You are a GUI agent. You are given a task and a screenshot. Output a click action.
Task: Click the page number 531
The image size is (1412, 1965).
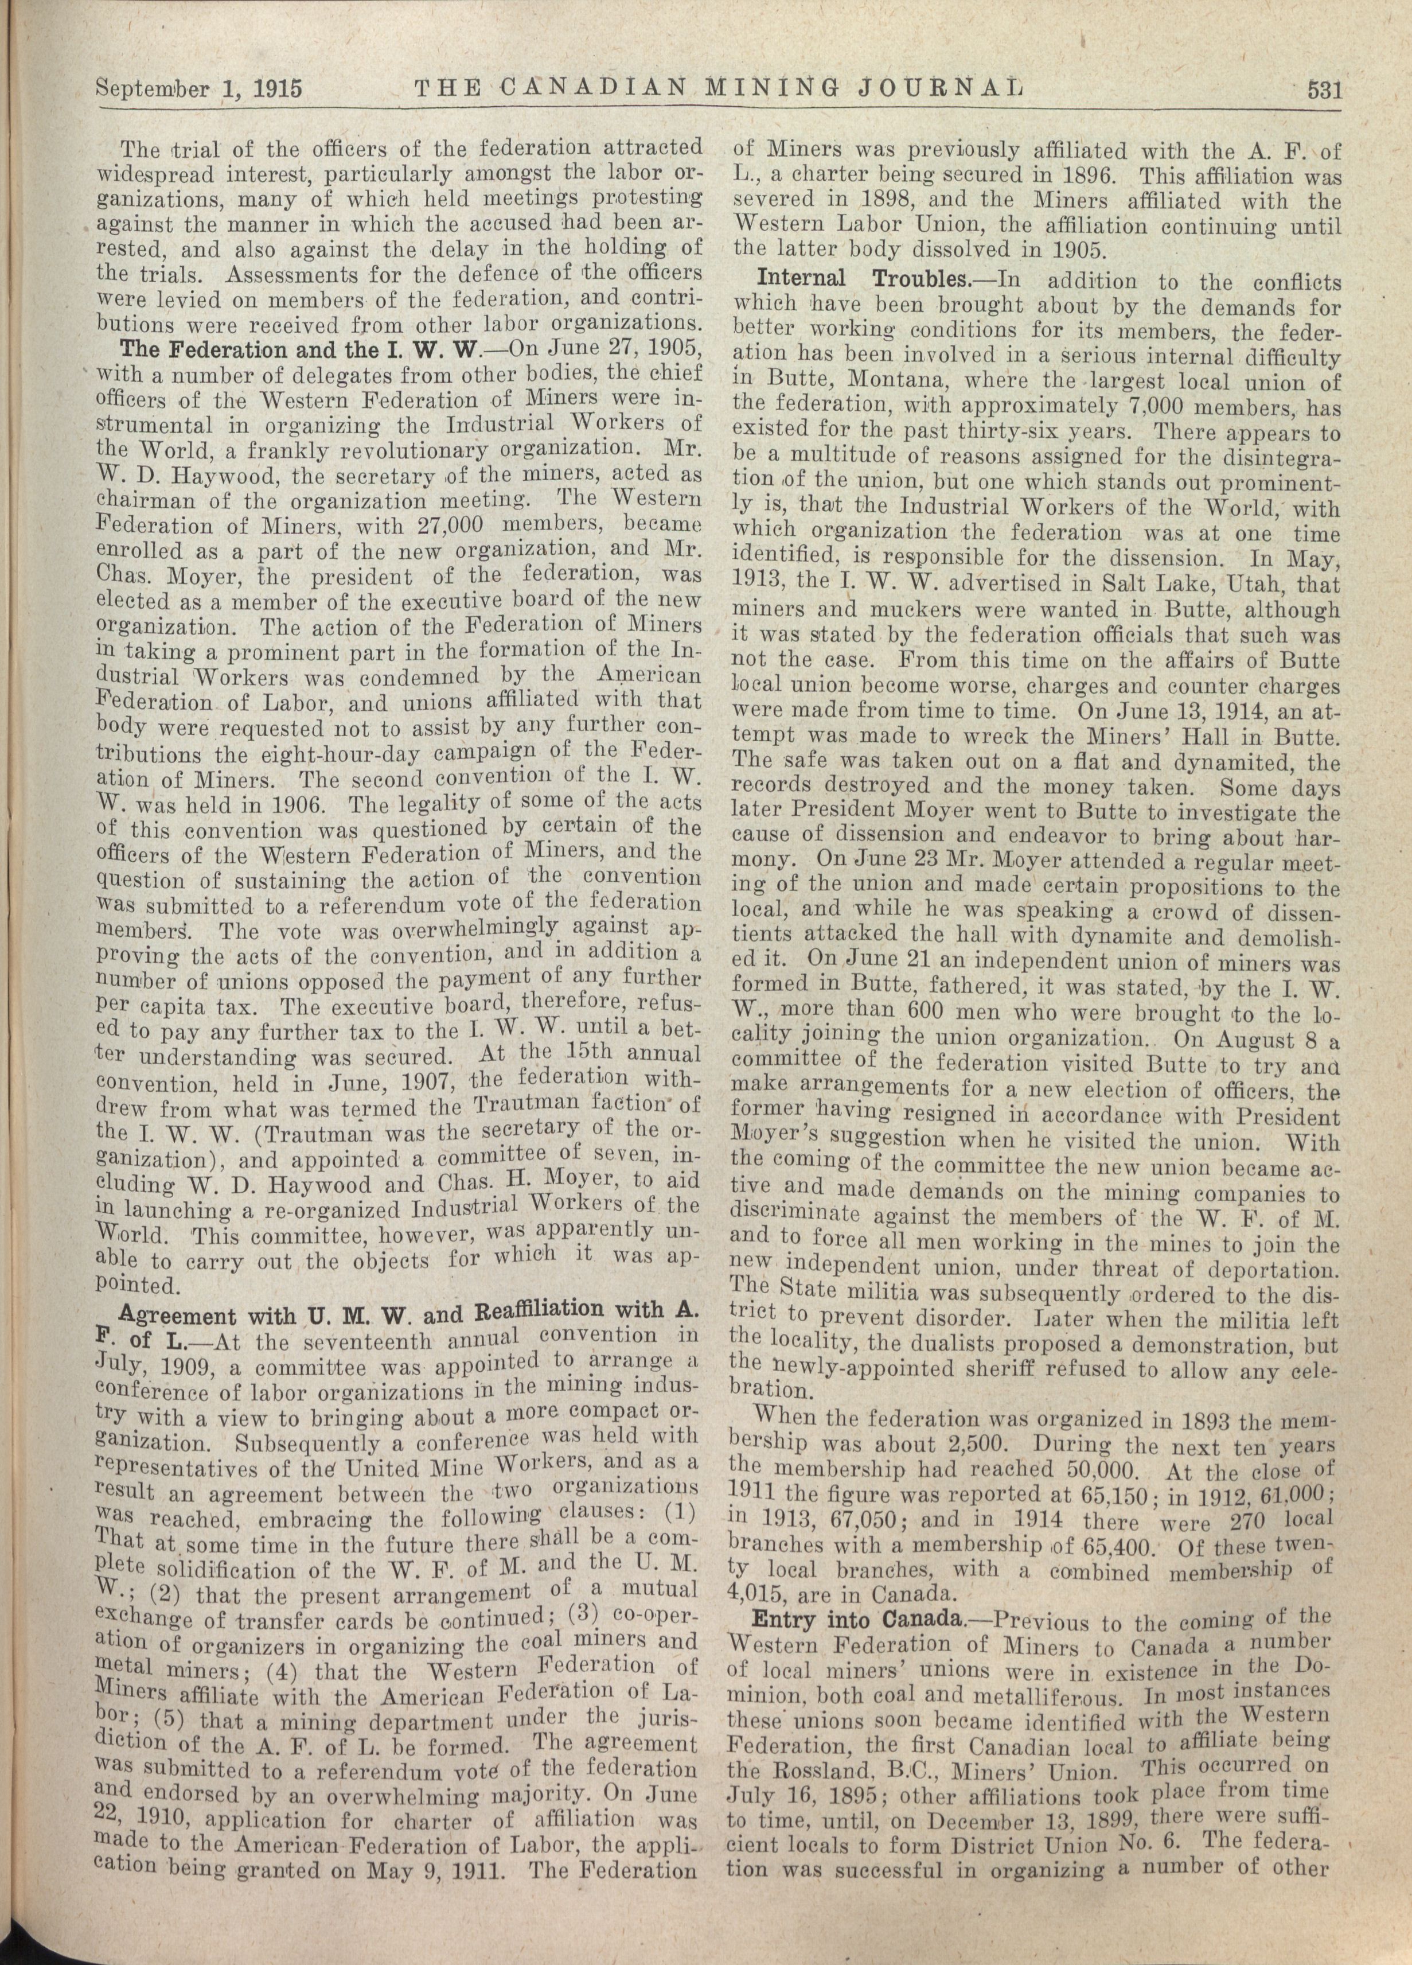tap(1324, 90)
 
